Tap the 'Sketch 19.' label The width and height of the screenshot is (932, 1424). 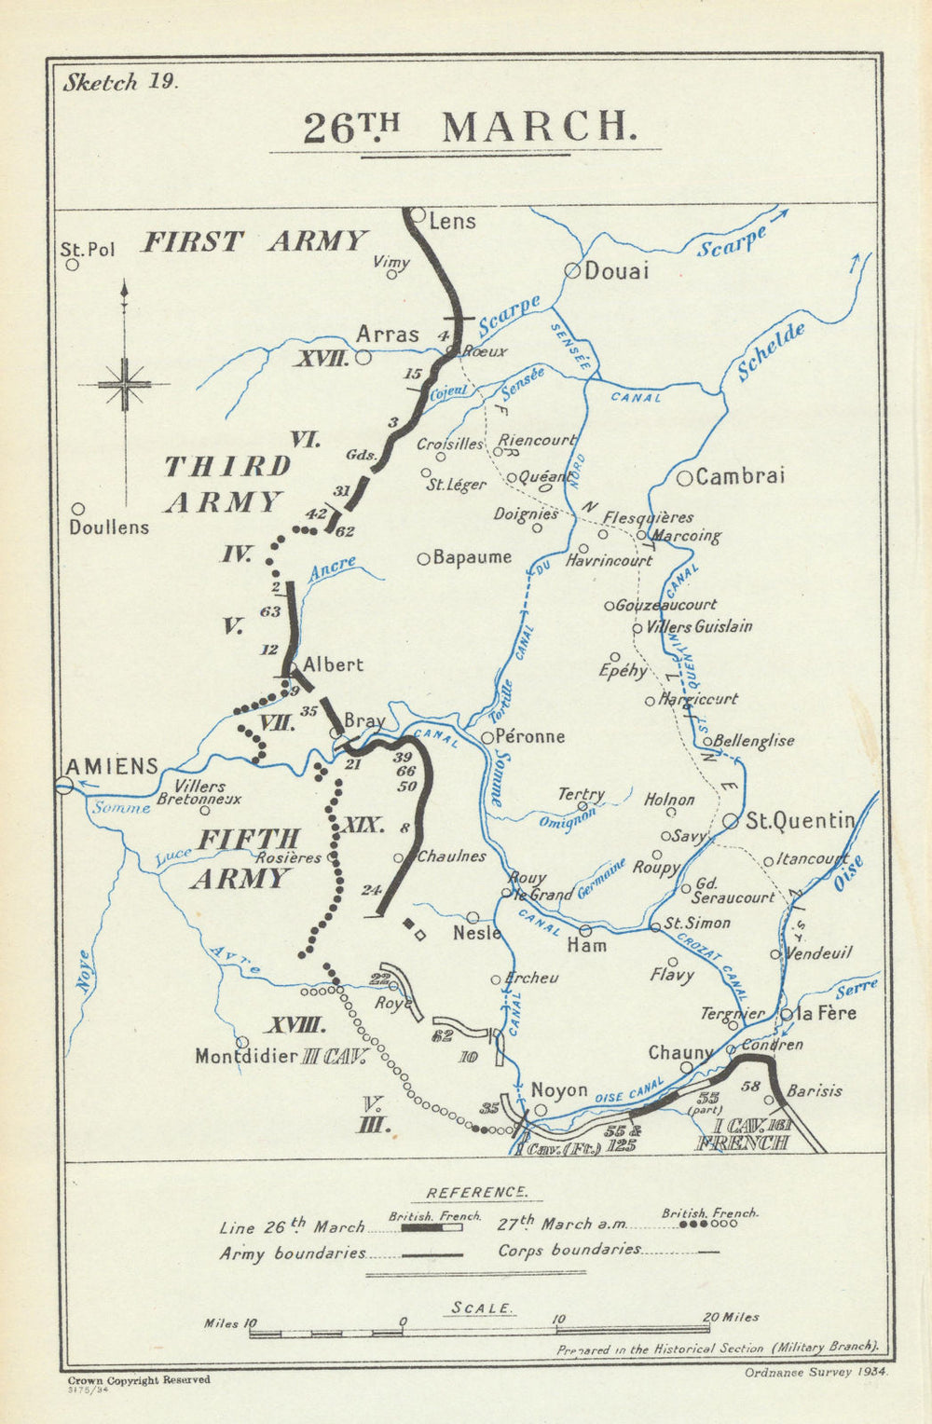(x=118, y=81)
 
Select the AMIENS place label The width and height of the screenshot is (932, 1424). (x=111, y=766)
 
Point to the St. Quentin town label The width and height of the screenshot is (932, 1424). (x=800, y=820)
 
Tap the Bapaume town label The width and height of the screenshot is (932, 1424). (x=472, y=557)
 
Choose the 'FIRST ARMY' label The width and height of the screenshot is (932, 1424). (x=254, y=241)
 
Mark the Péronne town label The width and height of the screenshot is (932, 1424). (x=529, y=736)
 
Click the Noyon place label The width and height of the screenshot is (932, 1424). (x=559, y=1089)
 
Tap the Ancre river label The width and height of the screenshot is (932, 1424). (x=332, y=569)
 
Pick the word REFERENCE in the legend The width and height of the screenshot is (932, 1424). (x=476, y=1192)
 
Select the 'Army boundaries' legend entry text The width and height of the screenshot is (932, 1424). (x=292, y=1253)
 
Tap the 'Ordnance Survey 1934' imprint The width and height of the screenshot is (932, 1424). (x=816, y=1372)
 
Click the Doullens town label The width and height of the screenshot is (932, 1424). (x=109, y=527)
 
